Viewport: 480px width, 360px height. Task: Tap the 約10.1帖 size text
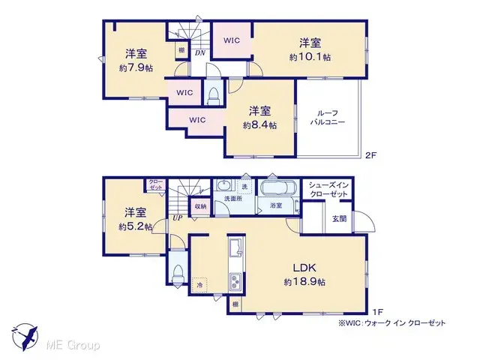(x=310, y=56)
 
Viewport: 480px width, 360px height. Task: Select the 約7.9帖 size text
(x=136, y=67)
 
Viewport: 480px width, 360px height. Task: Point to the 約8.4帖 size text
(x=259, y=126)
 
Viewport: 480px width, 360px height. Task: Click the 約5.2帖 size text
(x=135, y=226)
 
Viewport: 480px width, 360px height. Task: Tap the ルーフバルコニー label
(x=329, y=116)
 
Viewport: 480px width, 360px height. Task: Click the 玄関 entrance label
(x=339, y=218)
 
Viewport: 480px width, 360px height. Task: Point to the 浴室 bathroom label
(x=275, y=205)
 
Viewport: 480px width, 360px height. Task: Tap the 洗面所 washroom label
(x=233, y=199)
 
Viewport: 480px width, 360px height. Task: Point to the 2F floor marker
(x=370, y=156)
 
